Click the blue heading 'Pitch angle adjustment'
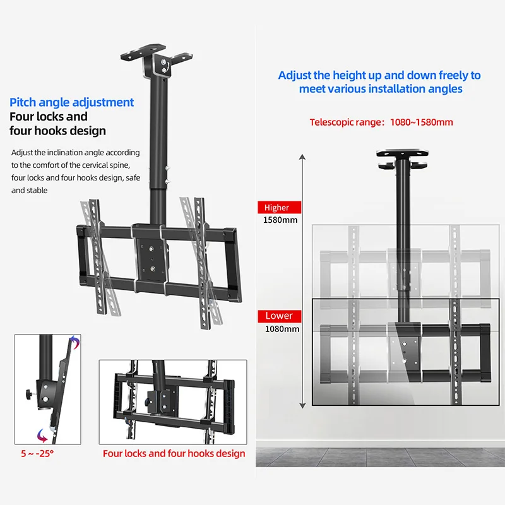coord(71,102)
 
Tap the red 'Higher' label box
coord(276,208)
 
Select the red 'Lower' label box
coord(278,316)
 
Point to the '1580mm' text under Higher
coord(280,220)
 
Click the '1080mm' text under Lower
coord(281,328)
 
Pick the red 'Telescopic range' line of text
coord(381,122)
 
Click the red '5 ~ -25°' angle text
coord(37,453)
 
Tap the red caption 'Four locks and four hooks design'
coord(174,453)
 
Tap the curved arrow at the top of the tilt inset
coord(74,342)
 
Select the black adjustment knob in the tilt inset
coord(28,395)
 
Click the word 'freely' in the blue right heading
coord(438,75)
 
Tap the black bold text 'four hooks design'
coord(57,131)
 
